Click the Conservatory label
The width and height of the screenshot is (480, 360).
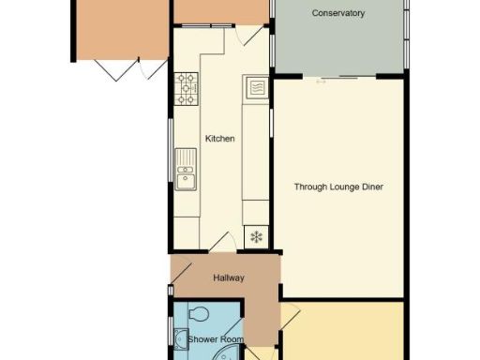(337, 14)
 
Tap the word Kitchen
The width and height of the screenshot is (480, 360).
(221, 139)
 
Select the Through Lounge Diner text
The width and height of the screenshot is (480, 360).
(338, 187)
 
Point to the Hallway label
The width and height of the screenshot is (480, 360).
(228, 277)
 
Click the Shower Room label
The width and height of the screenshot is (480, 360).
(216, 338)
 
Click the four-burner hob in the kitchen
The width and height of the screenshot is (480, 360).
(187, 89)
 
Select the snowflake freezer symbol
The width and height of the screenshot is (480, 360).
(255, 236)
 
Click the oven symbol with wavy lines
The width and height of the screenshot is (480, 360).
(256, 89)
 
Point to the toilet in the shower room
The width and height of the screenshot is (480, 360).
(198, 314)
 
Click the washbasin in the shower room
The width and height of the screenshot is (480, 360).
(180, 339)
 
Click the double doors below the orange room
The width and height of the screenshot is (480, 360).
(119, 67)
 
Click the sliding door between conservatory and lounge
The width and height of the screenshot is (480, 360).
(339, 77)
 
